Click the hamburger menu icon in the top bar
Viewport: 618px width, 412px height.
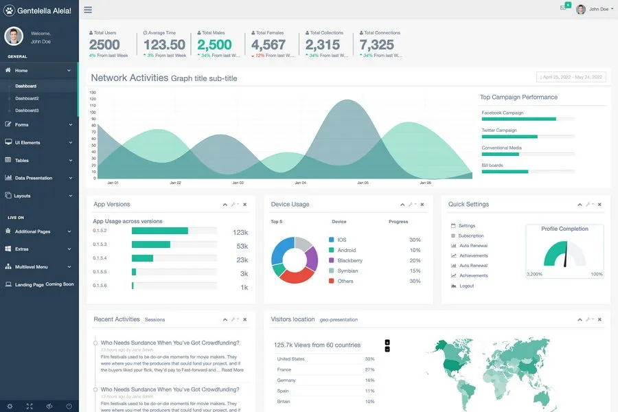tap(88, 10)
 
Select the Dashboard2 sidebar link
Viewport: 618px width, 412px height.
tap(27, 98)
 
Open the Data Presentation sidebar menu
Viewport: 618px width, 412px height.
tap(34, 178)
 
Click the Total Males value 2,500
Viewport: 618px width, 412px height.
tap(214, 45)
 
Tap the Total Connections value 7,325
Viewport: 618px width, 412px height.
tap(377, 45)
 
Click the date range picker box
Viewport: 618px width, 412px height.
tap(571, 77)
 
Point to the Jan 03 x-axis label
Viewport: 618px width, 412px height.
tap(238, 183)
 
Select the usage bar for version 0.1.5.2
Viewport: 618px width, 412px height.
tap(159, 231)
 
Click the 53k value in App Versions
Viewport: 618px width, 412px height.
tap(242, 246)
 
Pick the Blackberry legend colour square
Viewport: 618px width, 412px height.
tap(332, 261)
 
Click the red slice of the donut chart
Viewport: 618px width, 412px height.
tap(297, 276)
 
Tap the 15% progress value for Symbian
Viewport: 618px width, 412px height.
tap(415, 271)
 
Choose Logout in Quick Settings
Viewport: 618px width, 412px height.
tap(467, 286)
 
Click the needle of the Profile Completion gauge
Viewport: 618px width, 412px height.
tap(565, 259)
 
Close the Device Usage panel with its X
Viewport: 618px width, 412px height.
tap(422, 205)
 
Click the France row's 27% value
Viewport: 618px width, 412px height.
tap(369, 369)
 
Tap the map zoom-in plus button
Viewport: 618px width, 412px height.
tap(387, 342)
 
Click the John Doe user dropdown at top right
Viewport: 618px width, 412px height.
tap(594, 9)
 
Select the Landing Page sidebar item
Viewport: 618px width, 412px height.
tap(29, 284)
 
